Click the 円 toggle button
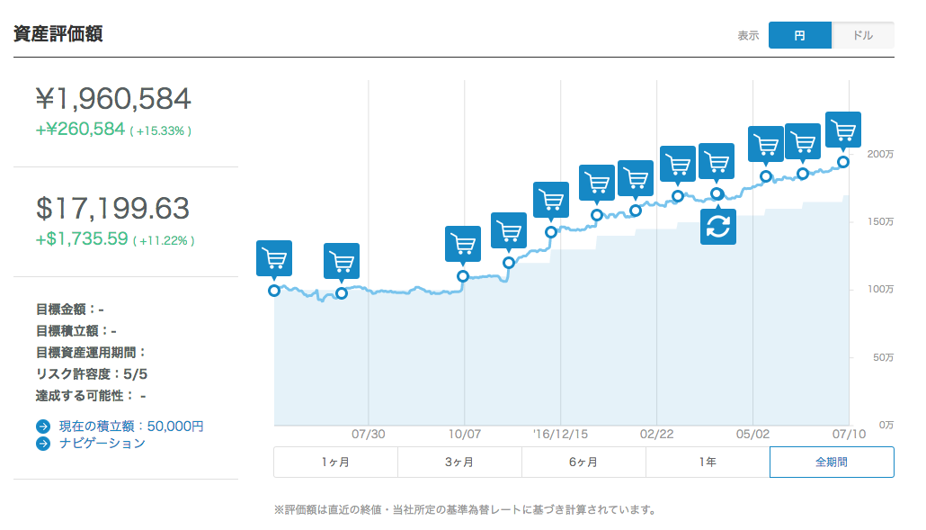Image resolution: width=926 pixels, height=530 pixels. click(799, 35)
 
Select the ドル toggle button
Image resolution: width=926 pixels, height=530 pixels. click(862, 35)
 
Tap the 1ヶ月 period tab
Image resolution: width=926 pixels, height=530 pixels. click(335, 462)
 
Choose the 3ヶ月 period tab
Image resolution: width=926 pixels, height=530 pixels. click(459, 462)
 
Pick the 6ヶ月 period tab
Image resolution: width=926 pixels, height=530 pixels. click(583, 462)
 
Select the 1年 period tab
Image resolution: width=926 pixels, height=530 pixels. click(708, 462)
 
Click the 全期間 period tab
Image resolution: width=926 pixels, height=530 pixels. click(832, 462)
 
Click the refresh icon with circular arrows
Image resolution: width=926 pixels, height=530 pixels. click(717, 227)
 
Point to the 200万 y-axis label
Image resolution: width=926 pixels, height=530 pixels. click(880, 155)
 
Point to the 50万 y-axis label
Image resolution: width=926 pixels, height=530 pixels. click(883, 357)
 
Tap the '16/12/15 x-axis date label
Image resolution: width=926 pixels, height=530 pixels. click(560, 434)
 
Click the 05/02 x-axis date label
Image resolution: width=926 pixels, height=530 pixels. click(752, 434)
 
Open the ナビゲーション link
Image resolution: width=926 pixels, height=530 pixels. click(101, 443)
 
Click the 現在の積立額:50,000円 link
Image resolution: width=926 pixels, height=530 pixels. click(131, 426)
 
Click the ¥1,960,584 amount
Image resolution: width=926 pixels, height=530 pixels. click(113, 98)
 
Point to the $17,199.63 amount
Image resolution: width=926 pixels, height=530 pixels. click(113, 209)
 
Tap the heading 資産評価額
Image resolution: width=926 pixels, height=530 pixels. click(58, 34)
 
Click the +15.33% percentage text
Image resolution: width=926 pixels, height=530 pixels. click(162, 131)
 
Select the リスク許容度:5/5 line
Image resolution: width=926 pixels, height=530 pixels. click(92, 373)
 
